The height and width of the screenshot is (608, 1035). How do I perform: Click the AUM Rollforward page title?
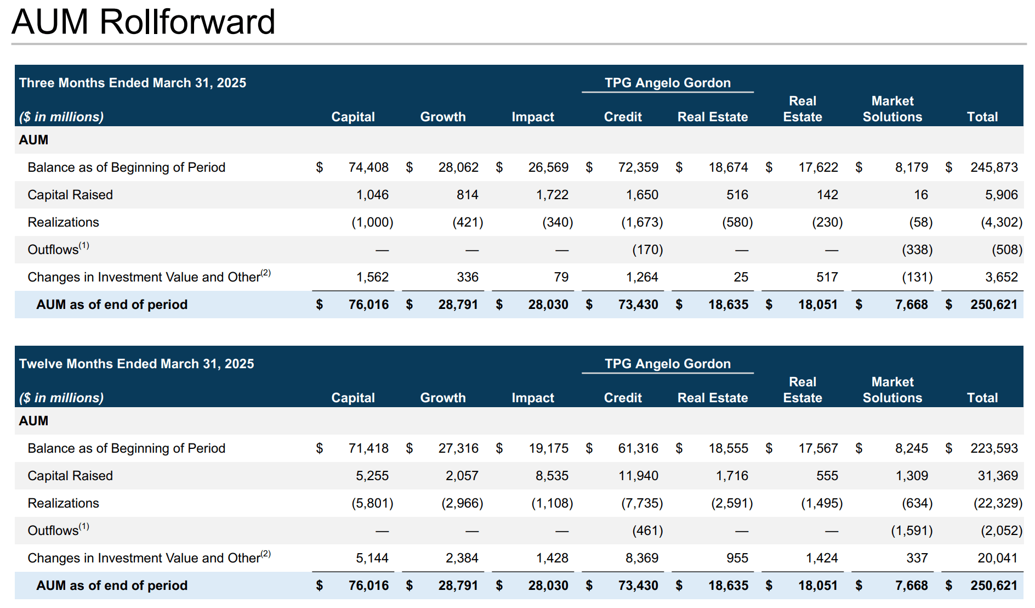point(143,22)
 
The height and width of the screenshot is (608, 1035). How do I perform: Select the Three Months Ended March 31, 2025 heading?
point(132,83)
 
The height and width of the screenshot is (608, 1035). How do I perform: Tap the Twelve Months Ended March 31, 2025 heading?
point(136,364)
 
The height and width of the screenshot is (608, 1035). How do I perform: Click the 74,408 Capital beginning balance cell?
point(368,167)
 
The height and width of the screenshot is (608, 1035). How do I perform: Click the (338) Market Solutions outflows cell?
point(917,250)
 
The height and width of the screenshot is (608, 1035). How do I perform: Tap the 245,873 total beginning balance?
point(993,167)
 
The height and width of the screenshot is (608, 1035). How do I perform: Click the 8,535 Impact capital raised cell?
point(551,476)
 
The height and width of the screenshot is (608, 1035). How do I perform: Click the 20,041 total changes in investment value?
point(997,558)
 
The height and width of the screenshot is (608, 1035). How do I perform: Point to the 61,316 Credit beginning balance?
point(638,448)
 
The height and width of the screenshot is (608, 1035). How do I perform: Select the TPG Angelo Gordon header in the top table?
point(667,83)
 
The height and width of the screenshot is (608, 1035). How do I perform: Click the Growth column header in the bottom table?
point(442,398)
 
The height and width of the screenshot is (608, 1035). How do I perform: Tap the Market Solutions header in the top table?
point(892,109)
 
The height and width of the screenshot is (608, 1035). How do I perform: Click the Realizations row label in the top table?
point(63,222)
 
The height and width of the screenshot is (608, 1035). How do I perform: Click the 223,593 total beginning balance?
point(993,448)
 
